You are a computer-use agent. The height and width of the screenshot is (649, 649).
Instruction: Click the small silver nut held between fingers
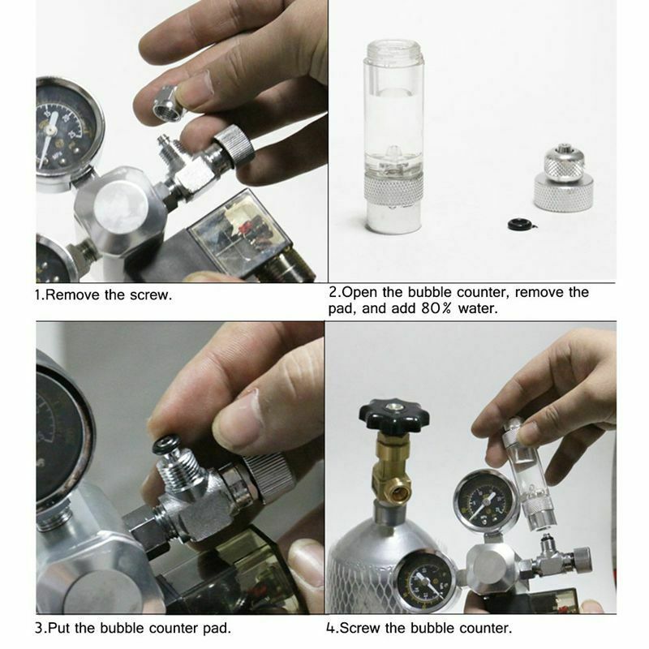(167, 104)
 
